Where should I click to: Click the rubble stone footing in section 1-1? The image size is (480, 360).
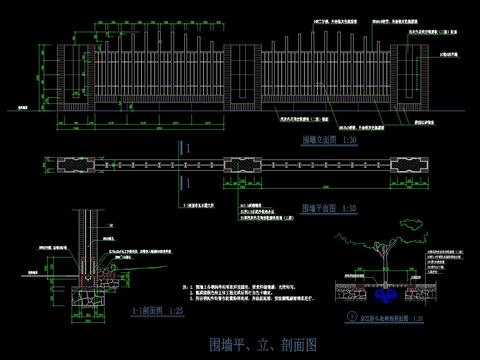point(90,294)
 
